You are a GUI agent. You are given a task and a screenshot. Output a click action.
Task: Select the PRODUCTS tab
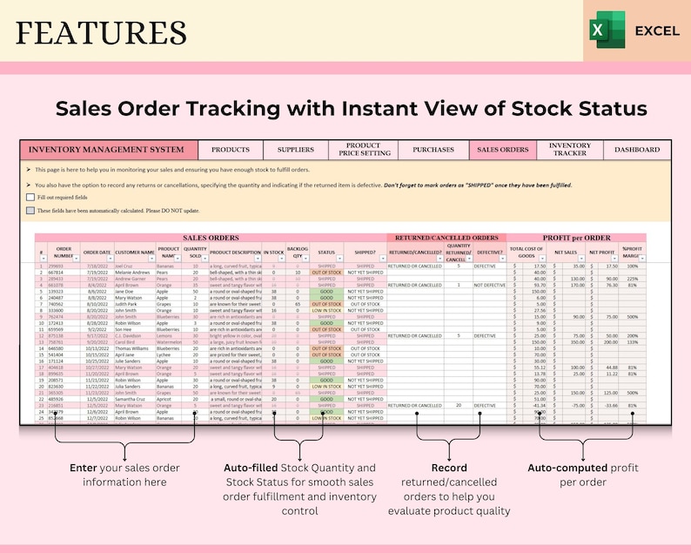tap(231, 150)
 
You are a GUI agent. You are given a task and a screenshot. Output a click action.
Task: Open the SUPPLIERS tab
tap(290, 150)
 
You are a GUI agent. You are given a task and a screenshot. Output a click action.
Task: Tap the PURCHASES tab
tap(433, 150)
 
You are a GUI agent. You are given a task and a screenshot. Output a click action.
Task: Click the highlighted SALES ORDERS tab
tap(503, 150)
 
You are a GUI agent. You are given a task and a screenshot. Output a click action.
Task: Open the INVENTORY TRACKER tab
tap(570, 150)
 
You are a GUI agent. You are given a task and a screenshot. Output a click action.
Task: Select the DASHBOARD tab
tap(637, 150)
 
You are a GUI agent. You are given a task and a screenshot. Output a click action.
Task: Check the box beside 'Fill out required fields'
tap(30, 198)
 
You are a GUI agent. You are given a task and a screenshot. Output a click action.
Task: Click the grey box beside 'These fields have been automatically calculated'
tap(30, 210)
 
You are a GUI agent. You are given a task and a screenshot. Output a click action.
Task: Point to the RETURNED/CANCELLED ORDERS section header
tap(446, 238)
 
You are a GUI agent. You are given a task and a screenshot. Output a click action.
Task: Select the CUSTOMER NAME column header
tap(135, 253)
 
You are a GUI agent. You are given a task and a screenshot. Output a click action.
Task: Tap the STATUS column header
tap(326, 253)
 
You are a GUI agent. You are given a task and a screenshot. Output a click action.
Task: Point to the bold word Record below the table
tap(448, 468)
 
